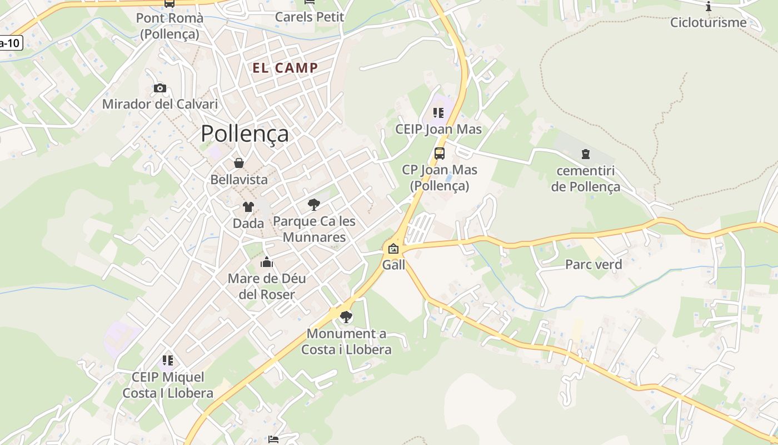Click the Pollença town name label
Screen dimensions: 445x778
(245, 133)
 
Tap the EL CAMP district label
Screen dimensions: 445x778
(285, 68)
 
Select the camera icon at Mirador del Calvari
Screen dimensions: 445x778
(160, 88)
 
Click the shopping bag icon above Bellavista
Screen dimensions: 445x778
(239, 163)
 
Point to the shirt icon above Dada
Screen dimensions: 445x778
(248, 207)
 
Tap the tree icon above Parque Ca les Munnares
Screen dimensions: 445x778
(314, 204)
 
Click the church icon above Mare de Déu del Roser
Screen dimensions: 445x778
(267, 262)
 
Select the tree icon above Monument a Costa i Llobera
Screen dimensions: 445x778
(346, 317)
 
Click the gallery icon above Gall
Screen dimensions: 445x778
(393, 249)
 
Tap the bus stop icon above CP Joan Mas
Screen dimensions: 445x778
(439, 153)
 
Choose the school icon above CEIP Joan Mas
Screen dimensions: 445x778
(438, 113)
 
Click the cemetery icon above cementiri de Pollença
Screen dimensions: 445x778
(585, 154)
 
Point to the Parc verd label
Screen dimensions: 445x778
(594, 264)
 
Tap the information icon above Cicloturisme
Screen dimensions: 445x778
(709, 7)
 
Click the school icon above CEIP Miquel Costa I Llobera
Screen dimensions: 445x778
(168, 360)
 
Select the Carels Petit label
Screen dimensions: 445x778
(310, 17)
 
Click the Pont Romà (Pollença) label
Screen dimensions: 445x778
(169, 26)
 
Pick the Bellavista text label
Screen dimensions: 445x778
(239, 180)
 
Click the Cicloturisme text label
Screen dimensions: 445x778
(708, 22)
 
